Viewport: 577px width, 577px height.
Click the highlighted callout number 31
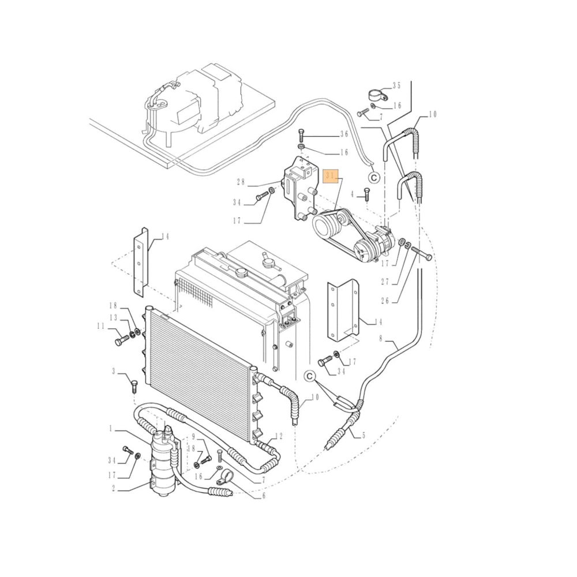(x=331, y=177)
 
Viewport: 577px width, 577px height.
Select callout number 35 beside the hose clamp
(x=396, y=86)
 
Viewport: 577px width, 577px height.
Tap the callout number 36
(x=344, y=134)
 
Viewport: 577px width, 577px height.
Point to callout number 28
(x=241, y=182)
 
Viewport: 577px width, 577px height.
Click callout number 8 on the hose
(x=381, y=339)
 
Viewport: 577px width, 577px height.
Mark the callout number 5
(x=363, y=436)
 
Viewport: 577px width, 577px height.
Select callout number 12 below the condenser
(x=278, y=436)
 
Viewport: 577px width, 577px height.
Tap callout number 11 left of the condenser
(x=102, y=327)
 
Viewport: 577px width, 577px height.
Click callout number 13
(x=114, y=317)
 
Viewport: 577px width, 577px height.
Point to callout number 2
(x=114, y=489)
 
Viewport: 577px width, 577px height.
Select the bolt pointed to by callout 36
(x=301, y=136)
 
